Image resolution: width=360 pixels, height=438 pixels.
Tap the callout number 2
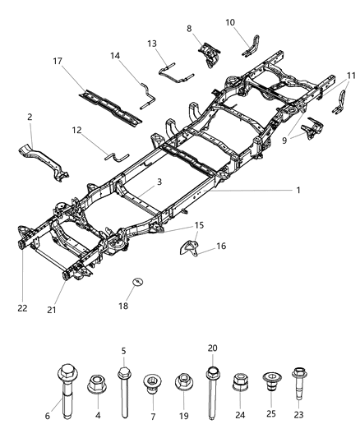(x=30, y=118)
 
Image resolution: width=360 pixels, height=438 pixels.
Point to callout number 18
(x=136, y=306)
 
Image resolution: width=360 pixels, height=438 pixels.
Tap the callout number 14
(x=116, y=55)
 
